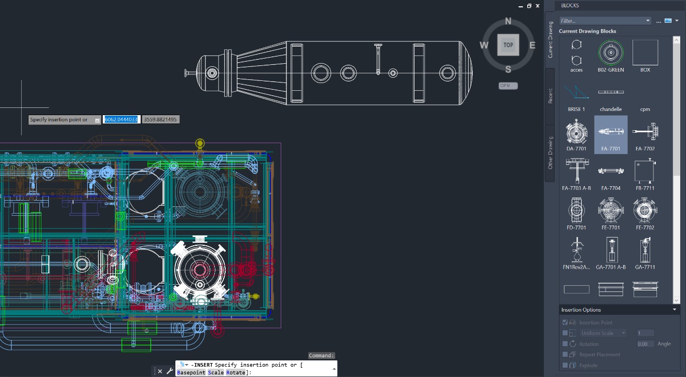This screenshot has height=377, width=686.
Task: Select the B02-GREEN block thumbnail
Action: pos(610,52)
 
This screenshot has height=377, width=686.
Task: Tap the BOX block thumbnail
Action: pos(645,52)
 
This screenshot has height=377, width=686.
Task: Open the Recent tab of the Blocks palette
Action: pos(550,96)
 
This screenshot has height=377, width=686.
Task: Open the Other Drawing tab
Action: pos(550,153)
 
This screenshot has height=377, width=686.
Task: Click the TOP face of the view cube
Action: pos(508,45)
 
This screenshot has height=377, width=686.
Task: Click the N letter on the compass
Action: pos(508,21)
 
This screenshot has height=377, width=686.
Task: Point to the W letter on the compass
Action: pos(484,45)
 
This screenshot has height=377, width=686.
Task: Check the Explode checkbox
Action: pos(565,365)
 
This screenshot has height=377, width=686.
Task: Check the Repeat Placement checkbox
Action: pos(565,355)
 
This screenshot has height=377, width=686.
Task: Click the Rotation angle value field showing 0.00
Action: pos(645,344)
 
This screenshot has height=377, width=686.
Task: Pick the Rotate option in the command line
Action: pos(236,372)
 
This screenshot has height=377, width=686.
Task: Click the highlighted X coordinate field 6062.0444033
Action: pos(121,119)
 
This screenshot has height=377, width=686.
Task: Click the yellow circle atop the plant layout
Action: pos(200,143)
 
